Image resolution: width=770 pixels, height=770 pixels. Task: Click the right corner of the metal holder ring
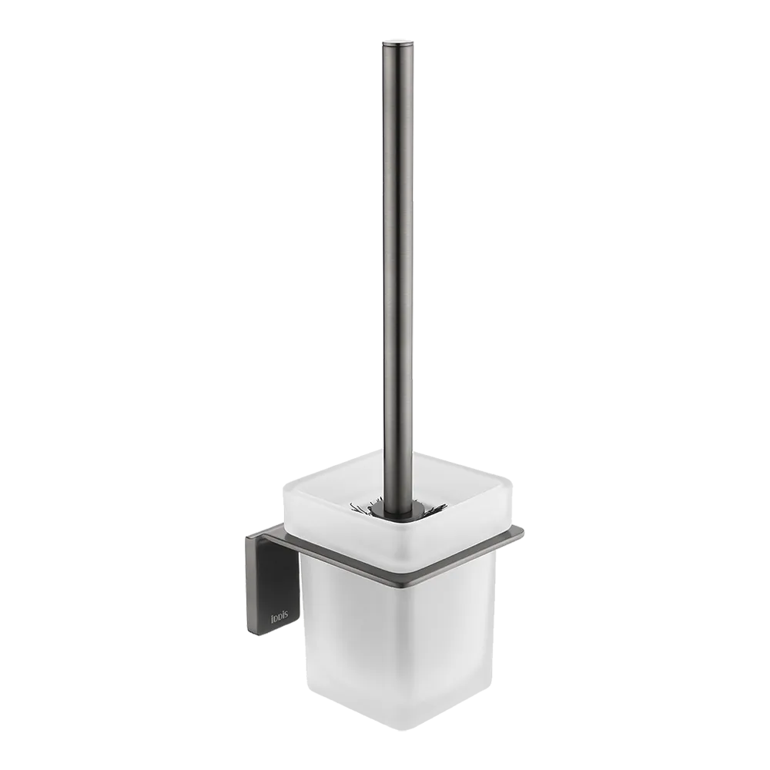tap(521, 531)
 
